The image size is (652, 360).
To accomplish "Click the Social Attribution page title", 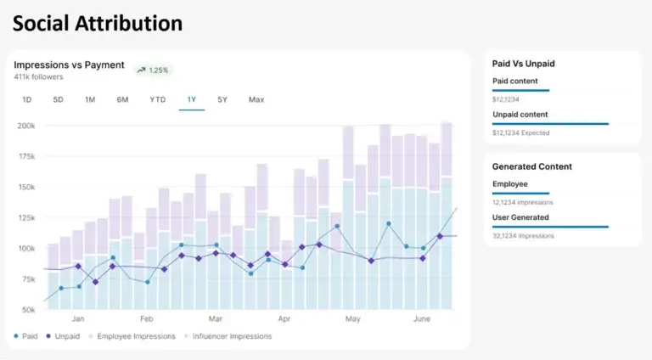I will tap(97, 23).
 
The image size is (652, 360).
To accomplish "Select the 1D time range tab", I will tap(26, 99).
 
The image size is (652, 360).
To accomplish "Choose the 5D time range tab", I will tap(58, 99).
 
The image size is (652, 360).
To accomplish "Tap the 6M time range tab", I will tap(122, 99).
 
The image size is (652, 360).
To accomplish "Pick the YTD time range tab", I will tap(157, 99).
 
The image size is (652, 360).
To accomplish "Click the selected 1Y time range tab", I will tap(192, 99).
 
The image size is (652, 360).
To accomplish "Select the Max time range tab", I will tap(256, 99).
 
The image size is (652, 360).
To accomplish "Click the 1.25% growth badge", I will tap(153, 70).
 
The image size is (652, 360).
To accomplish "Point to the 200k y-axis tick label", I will tap(25, 126).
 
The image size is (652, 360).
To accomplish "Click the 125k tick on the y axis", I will tap(25, 218).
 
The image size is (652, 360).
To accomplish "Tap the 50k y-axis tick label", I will tap(27, 310).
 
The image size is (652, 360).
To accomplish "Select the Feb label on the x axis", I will tap(146, 319).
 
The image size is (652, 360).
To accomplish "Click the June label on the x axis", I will tap(421, 319).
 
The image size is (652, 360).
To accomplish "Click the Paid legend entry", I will tap(26, 336).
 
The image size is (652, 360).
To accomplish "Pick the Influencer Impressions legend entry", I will tap(229, 336).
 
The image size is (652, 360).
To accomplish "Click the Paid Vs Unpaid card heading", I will tap(529, 63).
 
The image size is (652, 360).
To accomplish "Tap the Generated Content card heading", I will tap(532, 166).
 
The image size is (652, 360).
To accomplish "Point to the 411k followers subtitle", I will tap(38, 77).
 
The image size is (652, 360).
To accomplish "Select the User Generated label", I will tap(520, 217).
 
